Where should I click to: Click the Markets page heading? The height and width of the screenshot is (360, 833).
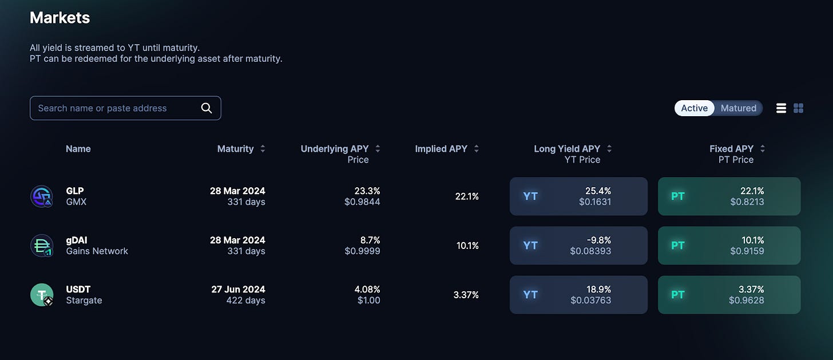pyautogui.click(x=59, y=18)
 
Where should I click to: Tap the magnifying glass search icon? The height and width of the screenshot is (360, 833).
pyautogui.click(x=207, y=108)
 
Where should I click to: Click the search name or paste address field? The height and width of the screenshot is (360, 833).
pyautogui.click(x=125, y=108)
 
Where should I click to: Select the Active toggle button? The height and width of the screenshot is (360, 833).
pyautogui.click(x=695, y=108)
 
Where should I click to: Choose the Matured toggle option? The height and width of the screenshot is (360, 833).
pyautogui.click(x=738, y=108)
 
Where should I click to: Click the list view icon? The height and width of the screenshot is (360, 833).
pyautogui.click(x=781, y=108)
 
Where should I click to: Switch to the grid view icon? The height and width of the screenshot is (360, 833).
pyautogui.click(x=799, y=108)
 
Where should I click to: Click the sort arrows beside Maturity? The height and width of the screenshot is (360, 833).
pyautogui.click(x=263, y=149)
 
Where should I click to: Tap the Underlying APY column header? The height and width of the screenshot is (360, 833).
pyautogui.click(x=334, y=149)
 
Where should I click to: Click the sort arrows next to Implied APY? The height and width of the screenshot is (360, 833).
pyautogui.click(x=477, y=149)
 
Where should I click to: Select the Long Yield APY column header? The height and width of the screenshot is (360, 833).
pyautogui.click(x=567, y=149)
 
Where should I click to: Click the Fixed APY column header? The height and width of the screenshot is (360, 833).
pyautogui.click(x=731, y=149)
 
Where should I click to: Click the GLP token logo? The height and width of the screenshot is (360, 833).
pyautogui.click(x=42, y=196)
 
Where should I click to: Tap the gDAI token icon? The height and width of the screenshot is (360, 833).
pyautogui.click(x=42, y=246)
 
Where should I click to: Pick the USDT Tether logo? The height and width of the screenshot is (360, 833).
pyautogui.click(x=42, y=295)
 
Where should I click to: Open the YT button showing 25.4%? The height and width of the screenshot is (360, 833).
pyautogui.click(x=578, y=196)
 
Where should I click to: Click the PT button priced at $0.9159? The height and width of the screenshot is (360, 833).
pyautogui.click(x=729, y=246)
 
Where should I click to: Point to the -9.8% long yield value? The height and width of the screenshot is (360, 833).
pyautogui.click(x=598, y=240)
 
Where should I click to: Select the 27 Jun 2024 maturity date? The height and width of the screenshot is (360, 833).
pyautogui.click(x=238, y=290)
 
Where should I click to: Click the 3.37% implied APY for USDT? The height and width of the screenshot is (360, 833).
pyautogui.click(x=466, y=295)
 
